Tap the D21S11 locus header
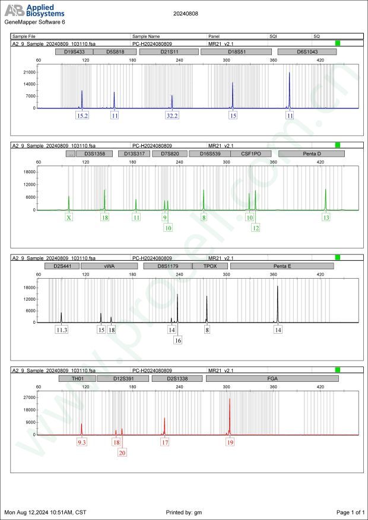coord(169,52)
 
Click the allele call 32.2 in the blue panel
coord(172,116)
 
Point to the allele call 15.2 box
coord(83,116)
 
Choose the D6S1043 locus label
coord(308,52)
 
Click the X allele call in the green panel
coord(69,218)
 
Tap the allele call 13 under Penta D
coord(326,218)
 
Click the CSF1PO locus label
coord(250,154)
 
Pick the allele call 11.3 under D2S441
coord(61,330)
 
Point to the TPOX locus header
coord(210,266)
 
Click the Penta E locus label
coord(282,266)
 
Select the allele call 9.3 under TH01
coord(82,442)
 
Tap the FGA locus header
coord(272,378)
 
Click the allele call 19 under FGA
coord(230,442)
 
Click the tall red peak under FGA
coord(230,415)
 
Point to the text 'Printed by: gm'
coord(185,512)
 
